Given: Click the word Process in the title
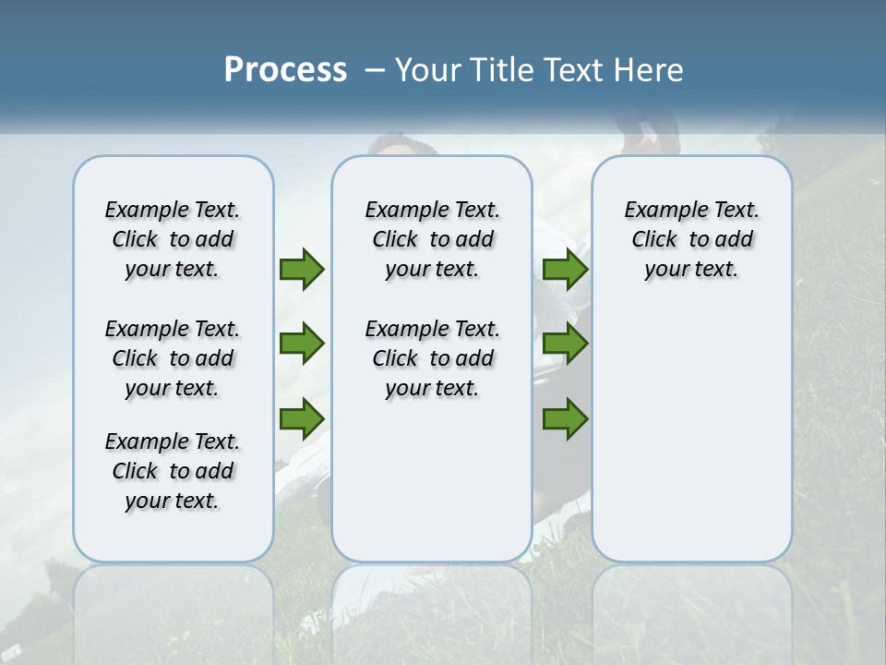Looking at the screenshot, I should (x=285, y=70).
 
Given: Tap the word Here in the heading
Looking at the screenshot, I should (x=651, y=70).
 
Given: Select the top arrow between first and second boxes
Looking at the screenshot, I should (x=302, y=269).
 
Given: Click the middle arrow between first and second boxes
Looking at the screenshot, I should (x=302, y=344).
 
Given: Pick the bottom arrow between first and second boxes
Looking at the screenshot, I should (x=302, y=419).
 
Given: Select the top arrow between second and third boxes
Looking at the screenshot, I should (x=565, y=269).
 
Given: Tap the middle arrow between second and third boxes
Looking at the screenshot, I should (x=565, y=344).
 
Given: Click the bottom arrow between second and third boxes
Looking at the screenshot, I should (x=565, y=419).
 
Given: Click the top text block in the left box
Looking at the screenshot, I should (x=173, y=239).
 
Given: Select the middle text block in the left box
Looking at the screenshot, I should (x=173, y=358).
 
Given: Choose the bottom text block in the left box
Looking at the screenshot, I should (x=173, y=471).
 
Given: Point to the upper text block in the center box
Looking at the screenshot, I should (x=432, y=239).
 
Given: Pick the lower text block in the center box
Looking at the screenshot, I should (x=432, y=358).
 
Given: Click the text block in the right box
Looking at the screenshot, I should (x=691, y=239).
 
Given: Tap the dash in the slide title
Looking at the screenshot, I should (x=375, y=70).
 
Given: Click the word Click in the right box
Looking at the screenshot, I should (x=654, y=240).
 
